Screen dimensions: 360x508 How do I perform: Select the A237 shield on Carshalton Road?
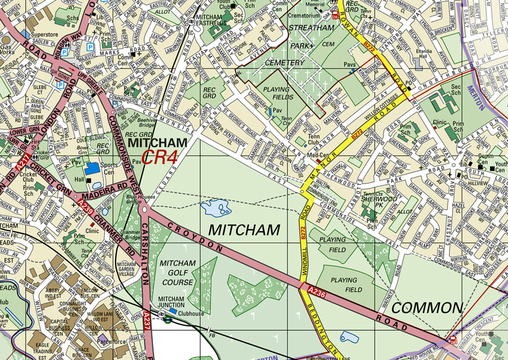[x=147, y=316]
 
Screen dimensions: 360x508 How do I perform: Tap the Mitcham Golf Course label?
[x=177, y=272]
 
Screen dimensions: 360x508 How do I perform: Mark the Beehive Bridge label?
[x=147, y=123]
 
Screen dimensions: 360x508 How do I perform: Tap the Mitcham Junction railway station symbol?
[x=167, y=320]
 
